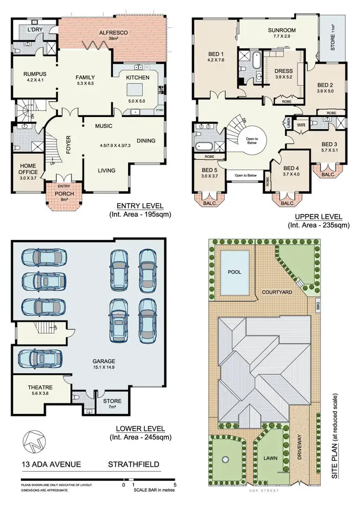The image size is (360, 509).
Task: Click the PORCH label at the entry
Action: tap(64, 194)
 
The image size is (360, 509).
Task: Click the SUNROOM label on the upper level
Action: tap(282, 30)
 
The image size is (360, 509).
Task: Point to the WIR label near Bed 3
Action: tap(301, 125)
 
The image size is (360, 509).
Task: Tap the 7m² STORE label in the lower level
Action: tap(112, 401)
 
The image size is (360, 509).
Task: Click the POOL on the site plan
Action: tap(235, 272)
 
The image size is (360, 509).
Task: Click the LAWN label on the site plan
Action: tap(270, 458)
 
